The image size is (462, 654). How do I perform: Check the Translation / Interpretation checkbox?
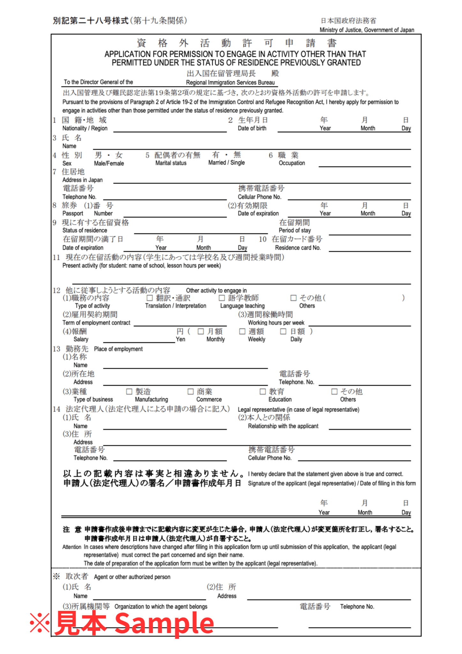(150, 298)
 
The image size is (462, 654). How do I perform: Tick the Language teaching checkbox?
(222, 298)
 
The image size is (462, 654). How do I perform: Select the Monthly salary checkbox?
(201, 331)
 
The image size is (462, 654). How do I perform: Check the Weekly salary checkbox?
(242, 331)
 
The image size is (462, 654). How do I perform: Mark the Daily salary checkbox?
(283, 331)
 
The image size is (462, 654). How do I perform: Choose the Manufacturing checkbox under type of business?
(129, 392)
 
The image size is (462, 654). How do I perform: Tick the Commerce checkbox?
(190, 392)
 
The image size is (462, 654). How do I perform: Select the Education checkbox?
(263, 392)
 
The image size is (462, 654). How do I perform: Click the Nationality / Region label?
(85, 128)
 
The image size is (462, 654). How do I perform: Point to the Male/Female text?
(109, 163)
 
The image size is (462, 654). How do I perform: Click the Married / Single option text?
(227, 163)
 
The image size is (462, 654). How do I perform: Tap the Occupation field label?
(292, 163)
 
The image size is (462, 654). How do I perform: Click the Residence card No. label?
(298, 248)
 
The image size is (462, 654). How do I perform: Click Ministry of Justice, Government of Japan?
(367, 30)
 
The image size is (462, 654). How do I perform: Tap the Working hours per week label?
(276, 323)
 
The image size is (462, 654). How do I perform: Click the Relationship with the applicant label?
(283, 426)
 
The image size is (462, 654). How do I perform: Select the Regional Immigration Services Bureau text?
(230, 83)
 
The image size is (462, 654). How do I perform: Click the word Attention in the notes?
(72, 547)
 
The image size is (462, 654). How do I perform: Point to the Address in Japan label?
(82, 180)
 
